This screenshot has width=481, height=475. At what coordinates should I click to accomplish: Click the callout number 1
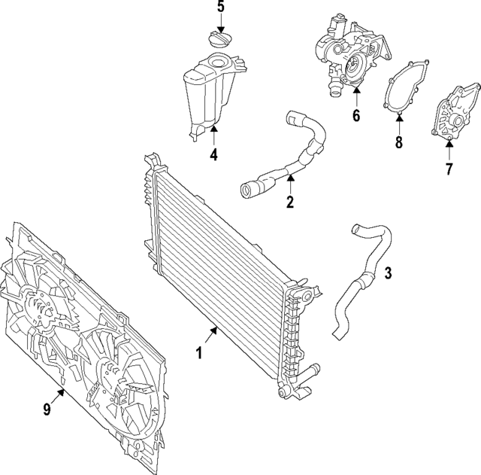tap(199, 352)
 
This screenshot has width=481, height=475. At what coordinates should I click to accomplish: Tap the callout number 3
tap(388, 273)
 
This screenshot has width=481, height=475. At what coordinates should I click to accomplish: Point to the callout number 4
tap(213, 155)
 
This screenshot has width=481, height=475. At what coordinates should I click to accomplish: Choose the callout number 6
tap(356, 116)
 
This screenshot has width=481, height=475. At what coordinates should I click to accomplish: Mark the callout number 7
tap(449, 169)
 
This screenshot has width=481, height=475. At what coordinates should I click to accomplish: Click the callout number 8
tap(399, 142)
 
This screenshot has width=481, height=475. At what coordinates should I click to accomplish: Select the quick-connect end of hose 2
tap(250, 188)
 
